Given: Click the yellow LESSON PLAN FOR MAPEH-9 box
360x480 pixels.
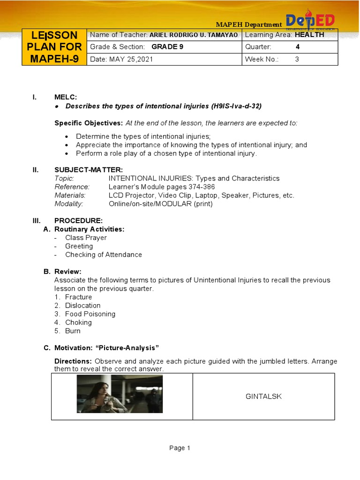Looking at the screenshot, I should click(x=54, y=47).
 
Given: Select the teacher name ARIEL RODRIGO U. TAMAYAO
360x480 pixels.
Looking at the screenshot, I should click(x=194, y=35).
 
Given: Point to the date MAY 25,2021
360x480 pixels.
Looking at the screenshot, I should click(x=131, y=60).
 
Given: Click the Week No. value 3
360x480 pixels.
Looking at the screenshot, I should click(x=297, y=60).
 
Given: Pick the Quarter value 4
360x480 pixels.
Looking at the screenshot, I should click(x=298, y=47).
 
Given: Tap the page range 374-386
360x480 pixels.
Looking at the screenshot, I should click(x=199, y=187).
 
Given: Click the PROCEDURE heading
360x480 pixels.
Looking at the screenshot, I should click(x=78, y=220).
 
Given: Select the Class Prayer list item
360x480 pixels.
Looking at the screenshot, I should click(x=86, y=238).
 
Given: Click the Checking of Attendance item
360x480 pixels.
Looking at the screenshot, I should click(x=103, y=255).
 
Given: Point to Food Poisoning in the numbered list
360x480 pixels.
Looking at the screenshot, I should click(x=90, y=314).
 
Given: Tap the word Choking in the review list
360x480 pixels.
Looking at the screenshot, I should click(x=78, y=322).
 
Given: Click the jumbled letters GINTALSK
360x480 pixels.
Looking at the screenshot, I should click(x=264, y=397).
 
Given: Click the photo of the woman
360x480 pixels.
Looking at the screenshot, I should click(x=120, y=394).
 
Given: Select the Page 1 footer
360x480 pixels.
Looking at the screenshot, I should click(x=180, y=448).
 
